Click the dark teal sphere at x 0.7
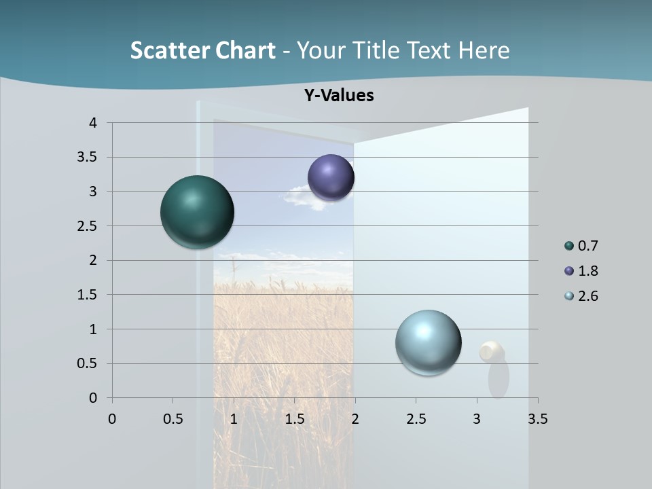[197, 212]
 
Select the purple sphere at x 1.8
[331, 177]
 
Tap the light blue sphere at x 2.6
[428, 342]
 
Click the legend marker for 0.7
[569, 246]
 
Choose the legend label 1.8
[587, 271]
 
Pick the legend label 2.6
[587, 296]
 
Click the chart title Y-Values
[339, 96]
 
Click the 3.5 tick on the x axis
[537, 419]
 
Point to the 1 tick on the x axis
[234, 419]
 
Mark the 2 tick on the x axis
[355, 419]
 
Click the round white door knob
[492, 352]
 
